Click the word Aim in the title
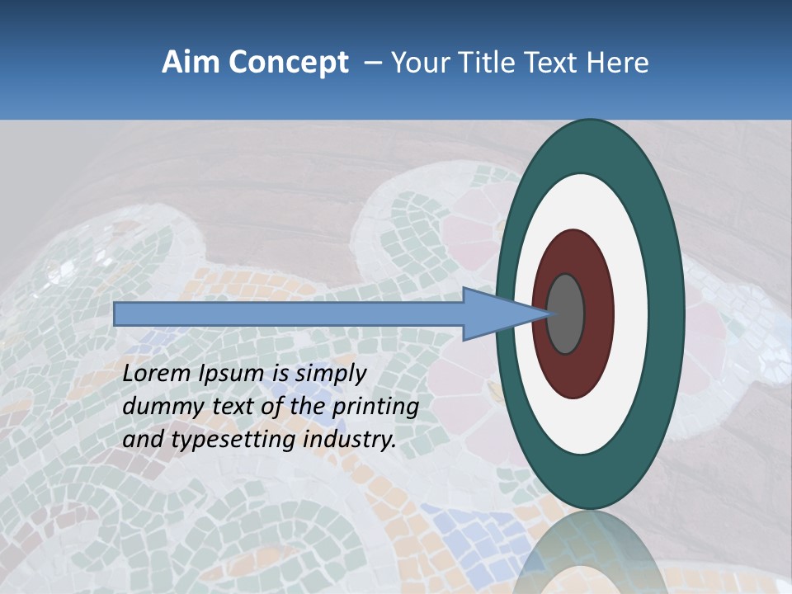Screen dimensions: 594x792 click(x=191, y=63)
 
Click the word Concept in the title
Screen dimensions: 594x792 click(x=288, y=63)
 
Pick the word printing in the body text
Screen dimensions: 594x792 click(x=375, y=407)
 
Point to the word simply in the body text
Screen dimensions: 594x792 click(x=330, y=374)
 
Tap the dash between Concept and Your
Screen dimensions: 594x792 click(x=371, y=63)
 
